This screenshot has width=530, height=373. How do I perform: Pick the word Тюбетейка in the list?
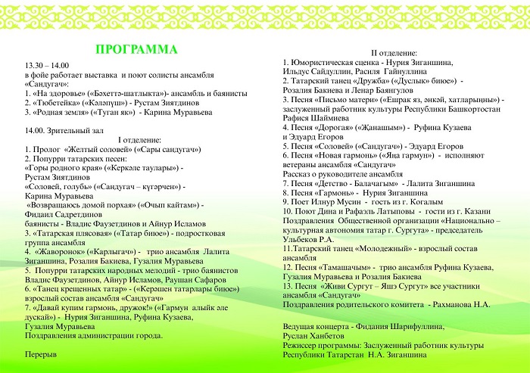(x=58, y=102)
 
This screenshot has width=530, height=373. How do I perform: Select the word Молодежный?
(x=382, y=247)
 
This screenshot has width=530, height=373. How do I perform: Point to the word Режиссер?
(x=301, y=344)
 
